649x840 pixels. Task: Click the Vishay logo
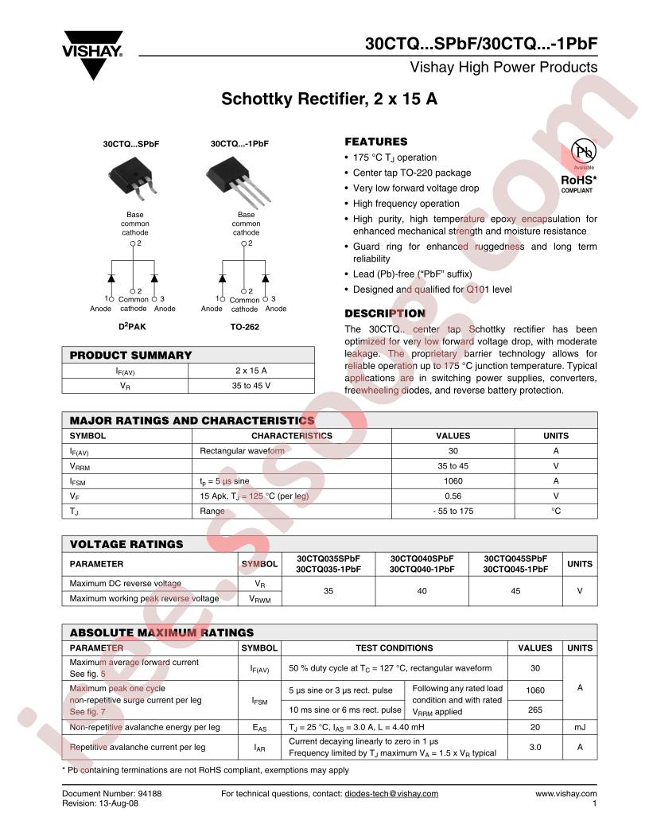[93, 54]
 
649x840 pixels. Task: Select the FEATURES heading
[375, 142]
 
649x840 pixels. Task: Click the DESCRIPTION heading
[384, 313]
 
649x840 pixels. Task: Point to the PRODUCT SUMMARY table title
[131, 355]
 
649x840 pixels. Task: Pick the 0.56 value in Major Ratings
[454, 496]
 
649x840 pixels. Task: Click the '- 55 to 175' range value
[454, 511]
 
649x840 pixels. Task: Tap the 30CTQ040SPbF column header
[422, 558]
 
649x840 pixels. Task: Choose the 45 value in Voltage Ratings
[516, 591]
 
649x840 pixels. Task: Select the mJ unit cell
[580, 727]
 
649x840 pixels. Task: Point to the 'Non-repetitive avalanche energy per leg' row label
[146, 727]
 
